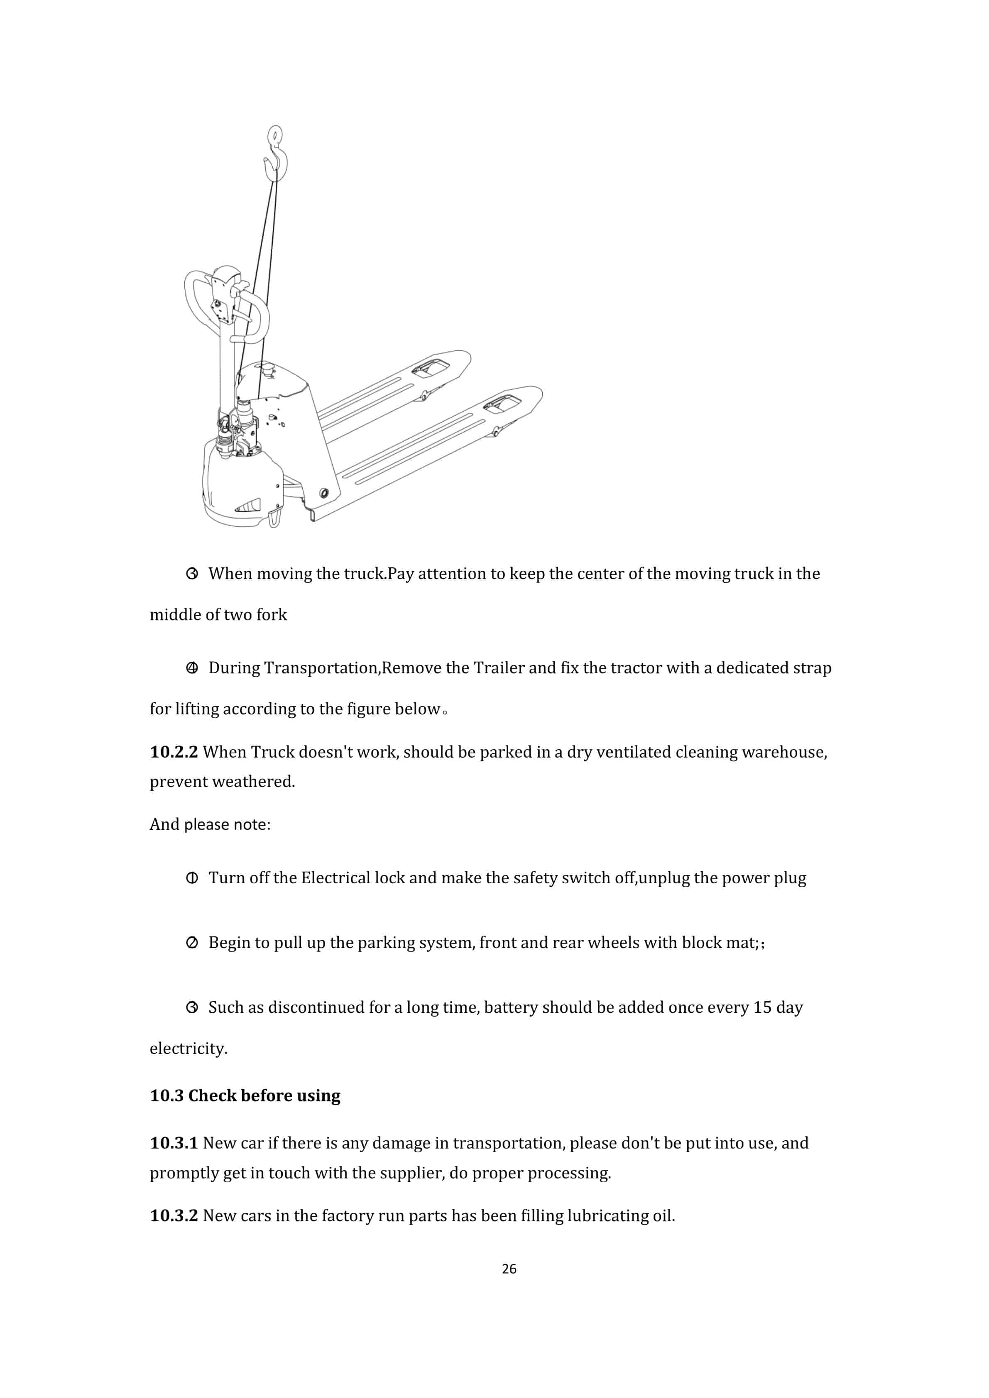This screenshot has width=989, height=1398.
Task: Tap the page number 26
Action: click(x=509, y=1268)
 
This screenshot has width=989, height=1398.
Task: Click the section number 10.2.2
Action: click(x=174, y=752)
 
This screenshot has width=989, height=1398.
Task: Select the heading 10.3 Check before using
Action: click(x=245, y=1095)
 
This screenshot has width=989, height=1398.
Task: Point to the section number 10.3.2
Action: click(x=174, y=1215)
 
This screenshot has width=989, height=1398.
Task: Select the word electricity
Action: click(x=188, y=1048)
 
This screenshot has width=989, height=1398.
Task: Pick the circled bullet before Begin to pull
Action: click(x=192, y=943)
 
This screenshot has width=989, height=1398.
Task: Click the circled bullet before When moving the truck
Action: click(x=192, y=574)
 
